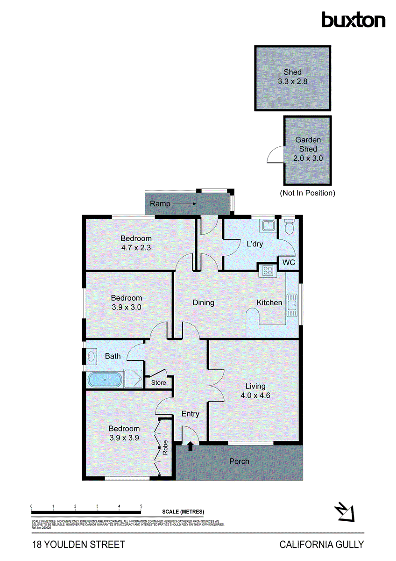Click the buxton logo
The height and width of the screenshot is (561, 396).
(354, 20)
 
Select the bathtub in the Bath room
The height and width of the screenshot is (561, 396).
(105, 379)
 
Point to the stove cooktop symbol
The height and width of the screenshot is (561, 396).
(268, 270)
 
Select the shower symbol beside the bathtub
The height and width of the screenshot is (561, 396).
(133, 379)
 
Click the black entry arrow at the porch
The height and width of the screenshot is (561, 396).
(190, 447)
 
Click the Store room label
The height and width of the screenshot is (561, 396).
(158, 383)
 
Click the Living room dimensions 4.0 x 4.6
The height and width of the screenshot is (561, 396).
(255, 395)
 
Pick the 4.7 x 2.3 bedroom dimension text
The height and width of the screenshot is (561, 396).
(136, 248)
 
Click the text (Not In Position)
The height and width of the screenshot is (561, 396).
(307, 193)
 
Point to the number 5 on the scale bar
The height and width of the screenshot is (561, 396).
(141, 506)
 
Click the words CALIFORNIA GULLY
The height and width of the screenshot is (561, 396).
(321, 544)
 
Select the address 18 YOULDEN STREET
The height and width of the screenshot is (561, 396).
(78, 544)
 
